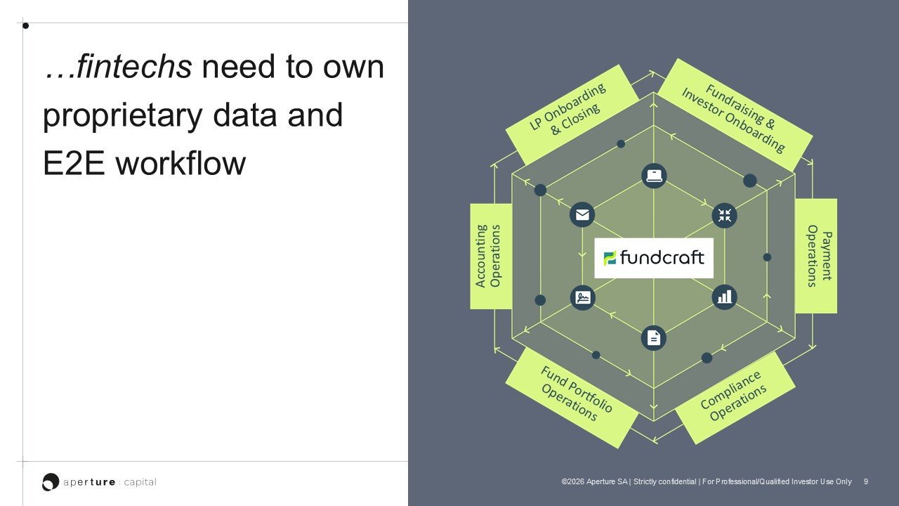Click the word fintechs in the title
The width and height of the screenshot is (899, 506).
134,66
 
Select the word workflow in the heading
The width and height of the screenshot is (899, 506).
181,164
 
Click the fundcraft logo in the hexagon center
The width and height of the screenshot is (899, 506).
654,258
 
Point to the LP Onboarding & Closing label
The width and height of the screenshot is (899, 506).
572,115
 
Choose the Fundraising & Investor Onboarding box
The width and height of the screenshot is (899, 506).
735,115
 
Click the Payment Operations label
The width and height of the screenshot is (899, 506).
816,256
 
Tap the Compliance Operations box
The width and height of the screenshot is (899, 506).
735,398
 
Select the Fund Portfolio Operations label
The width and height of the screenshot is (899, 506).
572,398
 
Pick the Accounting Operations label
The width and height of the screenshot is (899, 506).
491,257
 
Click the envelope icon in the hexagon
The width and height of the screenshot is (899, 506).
582,215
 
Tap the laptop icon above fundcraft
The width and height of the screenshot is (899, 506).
654,176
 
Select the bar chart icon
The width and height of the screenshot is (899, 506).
724,297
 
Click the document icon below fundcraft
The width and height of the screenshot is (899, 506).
654,338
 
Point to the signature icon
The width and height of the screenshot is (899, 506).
583,297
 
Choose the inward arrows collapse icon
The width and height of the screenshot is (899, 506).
724,216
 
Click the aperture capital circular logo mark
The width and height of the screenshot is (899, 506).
51,482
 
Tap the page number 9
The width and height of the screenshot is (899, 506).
866,481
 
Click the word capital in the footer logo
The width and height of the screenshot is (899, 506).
140,482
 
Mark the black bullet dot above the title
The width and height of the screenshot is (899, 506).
26,26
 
